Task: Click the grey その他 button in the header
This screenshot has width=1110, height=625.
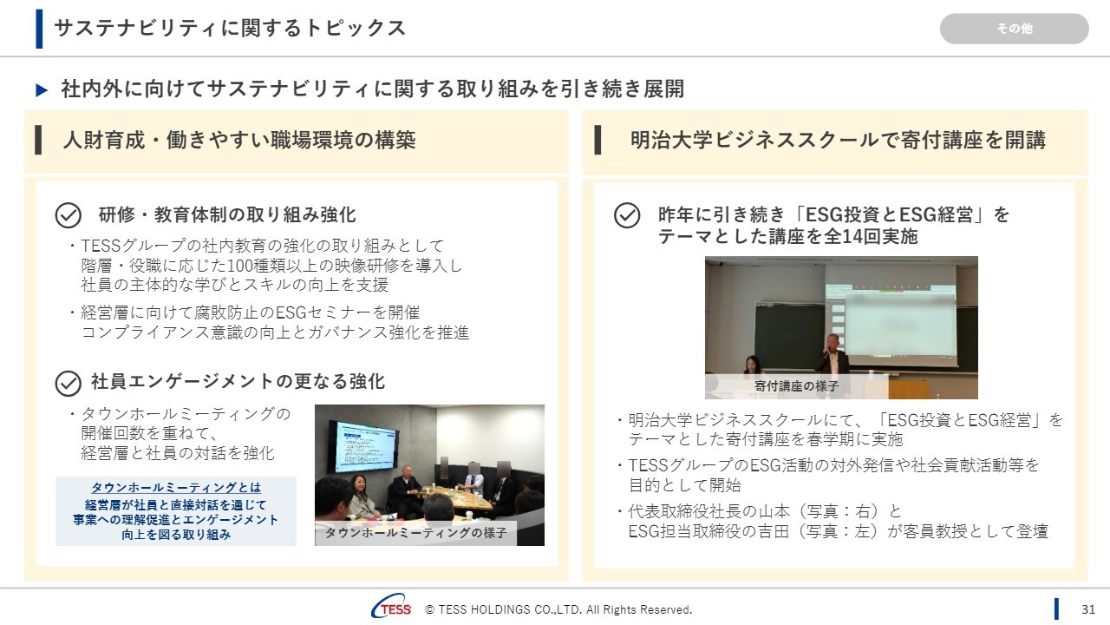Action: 1014,29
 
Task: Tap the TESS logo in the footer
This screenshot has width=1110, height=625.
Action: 391,607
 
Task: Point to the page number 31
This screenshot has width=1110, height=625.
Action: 1087,609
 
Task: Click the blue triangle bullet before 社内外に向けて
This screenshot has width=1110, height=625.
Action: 42,89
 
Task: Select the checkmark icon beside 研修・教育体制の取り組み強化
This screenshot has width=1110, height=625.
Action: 69,215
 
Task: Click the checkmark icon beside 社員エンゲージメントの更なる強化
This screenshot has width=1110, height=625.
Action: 69,384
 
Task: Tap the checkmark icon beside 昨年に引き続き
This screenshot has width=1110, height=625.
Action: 627,215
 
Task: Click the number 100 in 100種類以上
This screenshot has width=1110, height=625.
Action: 239,266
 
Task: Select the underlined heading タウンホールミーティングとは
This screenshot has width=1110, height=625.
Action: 176,488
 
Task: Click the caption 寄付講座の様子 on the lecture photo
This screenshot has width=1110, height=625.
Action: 796,386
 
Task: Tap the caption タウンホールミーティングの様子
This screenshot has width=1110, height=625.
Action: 415,533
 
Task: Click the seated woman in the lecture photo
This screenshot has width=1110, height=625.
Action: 753,365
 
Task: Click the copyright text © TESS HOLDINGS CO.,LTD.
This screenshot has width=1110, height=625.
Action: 558,609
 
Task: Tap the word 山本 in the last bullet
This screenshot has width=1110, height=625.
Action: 774,511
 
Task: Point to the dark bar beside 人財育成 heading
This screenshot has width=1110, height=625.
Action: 38,141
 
